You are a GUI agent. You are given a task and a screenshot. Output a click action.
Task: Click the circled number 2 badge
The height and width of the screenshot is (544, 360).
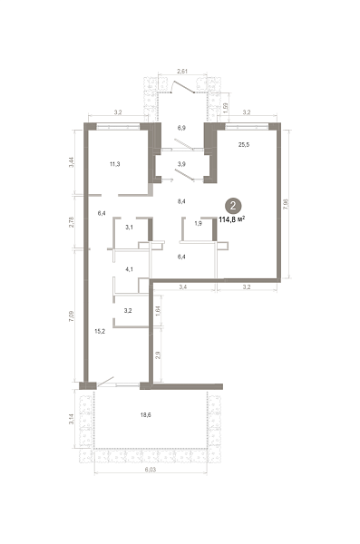(233, 206)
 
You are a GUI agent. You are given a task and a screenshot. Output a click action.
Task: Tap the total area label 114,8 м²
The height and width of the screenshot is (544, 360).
(232, 219)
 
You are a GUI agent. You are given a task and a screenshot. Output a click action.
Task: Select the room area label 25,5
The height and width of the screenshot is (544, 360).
(244, 145)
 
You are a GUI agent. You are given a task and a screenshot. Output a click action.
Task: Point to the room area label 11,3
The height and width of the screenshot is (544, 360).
(115, 164)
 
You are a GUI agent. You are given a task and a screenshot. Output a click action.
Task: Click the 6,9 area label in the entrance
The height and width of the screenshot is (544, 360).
(181, 128)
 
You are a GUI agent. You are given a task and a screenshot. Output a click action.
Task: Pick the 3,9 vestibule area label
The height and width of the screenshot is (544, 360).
(181, 164)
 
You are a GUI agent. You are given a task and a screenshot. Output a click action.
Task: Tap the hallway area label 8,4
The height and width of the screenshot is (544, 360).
(181, 201)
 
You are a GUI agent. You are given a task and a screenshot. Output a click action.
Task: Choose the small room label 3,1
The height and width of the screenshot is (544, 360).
(129, 228)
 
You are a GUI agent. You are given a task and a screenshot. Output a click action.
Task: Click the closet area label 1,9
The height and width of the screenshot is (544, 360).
(198, 224)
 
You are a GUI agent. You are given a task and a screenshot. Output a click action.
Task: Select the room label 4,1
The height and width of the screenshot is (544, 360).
(129, 269)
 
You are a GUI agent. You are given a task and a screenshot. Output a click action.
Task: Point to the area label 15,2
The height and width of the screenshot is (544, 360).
(100, 331)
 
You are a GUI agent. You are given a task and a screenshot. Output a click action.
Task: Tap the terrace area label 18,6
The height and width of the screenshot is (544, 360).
(145, 414)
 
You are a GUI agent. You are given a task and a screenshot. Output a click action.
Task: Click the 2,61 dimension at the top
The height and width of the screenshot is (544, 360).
(182, 72)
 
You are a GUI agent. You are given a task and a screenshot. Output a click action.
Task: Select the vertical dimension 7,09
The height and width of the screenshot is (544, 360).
(71, 316)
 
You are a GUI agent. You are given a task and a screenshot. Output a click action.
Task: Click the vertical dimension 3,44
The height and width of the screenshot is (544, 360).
(71, 162)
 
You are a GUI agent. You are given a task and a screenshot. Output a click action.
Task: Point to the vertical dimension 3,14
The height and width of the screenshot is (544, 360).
(71, 419)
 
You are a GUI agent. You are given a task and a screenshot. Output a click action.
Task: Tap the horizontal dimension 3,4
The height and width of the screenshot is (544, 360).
(183, 287)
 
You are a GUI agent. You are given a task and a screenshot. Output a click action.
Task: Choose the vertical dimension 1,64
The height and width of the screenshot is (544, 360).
(158, 310)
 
